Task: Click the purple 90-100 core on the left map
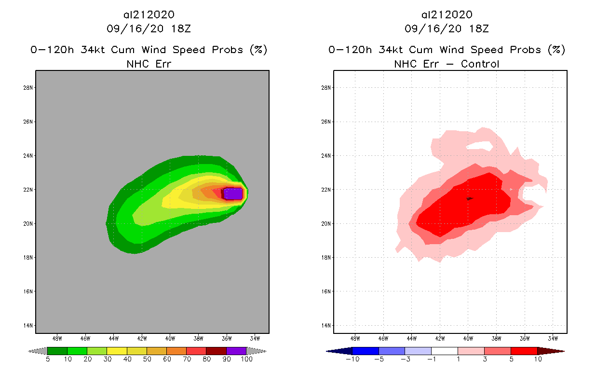(233, 193)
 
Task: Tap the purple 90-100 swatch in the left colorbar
(236, 351)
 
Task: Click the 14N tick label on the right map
(326, 325)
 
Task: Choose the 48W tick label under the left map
(57, 338)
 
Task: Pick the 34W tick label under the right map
(553, 338)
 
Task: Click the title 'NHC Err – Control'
(447, 64)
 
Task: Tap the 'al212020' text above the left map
(149, 15)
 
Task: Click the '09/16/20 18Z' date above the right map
(447, 29)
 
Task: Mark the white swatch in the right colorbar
(444, 351)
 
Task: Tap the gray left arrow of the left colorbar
(38, 351)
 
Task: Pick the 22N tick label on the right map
(326, 189)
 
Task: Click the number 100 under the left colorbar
(246, 360)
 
